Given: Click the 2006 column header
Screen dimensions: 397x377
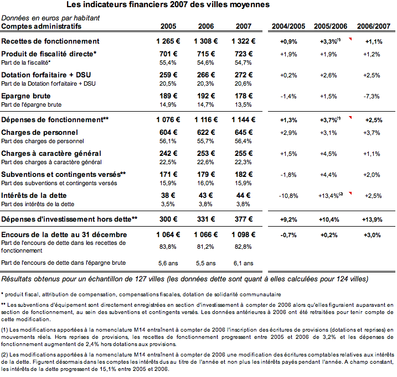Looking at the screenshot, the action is coord(206,27).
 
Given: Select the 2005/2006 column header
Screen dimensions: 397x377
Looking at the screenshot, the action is coord(331,27).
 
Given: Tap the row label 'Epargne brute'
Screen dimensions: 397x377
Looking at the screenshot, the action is coord(26,96).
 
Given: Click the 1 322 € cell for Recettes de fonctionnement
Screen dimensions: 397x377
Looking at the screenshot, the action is coord(243,41).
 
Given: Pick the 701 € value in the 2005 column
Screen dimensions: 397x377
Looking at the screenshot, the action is coord(168,54).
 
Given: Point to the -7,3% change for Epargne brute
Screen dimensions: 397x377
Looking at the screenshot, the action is coord(372,96).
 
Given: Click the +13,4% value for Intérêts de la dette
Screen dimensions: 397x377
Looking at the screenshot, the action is coord(328,196).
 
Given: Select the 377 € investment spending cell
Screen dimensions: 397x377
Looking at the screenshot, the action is coord(244,219).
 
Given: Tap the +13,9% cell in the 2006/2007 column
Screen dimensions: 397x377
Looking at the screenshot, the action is coord(372,219).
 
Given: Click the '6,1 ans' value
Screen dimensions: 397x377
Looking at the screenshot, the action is coord(243,264).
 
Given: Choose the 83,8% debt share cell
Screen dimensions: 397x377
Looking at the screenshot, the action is coord(168,247).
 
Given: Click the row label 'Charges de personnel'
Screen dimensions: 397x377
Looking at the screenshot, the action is coord(39,133).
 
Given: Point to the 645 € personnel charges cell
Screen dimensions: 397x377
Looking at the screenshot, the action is coord(244,133).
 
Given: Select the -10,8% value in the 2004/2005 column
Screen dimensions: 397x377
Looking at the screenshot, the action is coord(288,196).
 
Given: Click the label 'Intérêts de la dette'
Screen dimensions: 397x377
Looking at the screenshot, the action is coord(34,196).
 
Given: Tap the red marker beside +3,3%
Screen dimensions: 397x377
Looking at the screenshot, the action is coord(350,39).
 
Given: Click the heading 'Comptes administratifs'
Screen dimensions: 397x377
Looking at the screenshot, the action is coord(42,27).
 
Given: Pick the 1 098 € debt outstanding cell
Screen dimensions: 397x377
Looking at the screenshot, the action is coord(243,235).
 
